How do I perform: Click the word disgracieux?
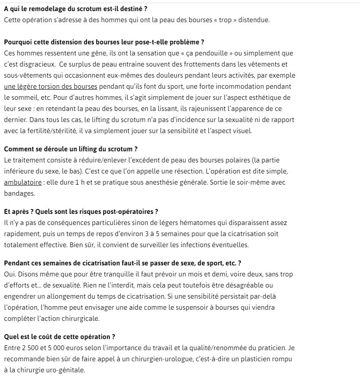point(38,64)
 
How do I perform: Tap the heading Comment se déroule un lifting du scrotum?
point(71,149)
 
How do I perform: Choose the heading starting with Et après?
point(81,212)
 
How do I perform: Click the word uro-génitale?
point(65,370)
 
